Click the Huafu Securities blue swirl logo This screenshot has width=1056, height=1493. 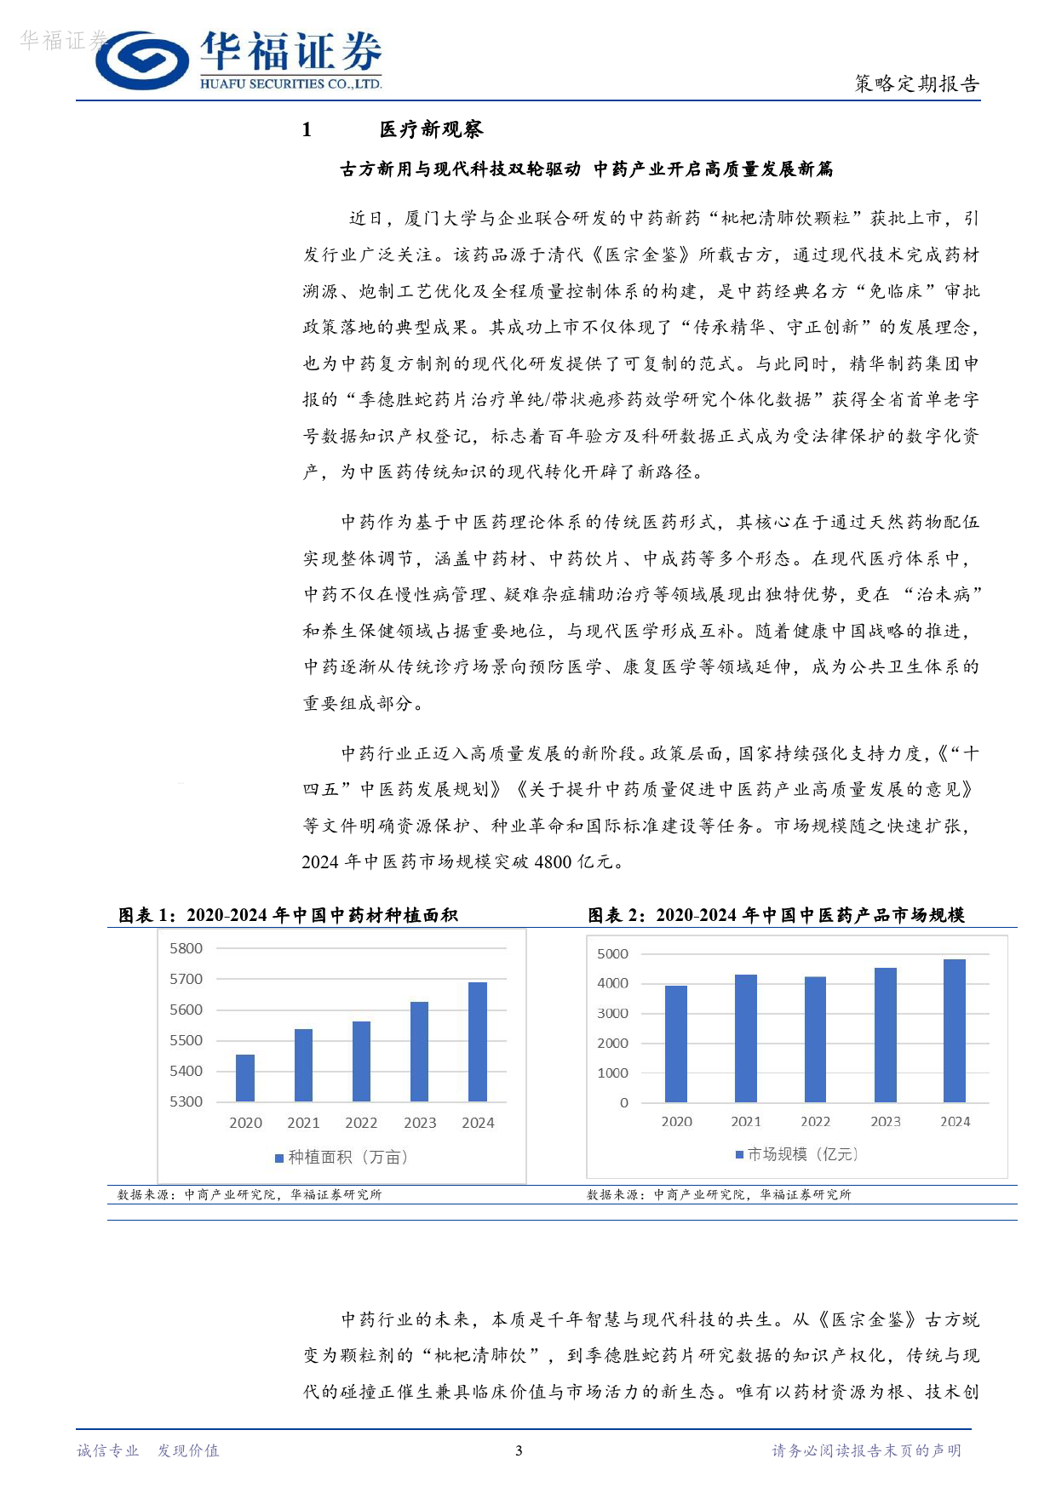click(141, 61)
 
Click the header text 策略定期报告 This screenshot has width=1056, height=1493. click(916, 83)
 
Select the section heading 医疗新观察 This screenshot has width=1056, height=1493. click(431, 129)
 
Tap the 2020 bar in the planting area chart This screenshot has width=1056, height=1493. click(245, 1078)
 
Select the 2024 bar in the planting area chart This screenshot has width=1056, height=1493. click(478, 1042)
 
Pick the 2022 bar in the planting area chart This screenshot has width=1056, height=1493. click(361, 1061)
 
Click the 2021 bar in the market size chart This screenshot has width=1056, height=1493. click(746, 1038)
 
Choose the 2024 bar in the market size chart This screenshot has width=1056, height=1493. click(955, 1031)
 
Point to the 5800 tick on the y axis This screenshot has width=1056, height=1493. click(187, 948)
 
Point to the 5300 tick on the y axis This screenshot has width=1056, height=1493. click(187, 1101)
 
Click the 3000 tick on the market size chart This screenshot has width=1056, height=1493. click(613, 1013)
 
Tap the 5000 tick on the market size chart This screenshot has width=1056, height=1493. click(613, 954)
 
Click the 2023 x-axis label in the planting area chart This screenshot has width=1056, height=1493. click(420, 1123)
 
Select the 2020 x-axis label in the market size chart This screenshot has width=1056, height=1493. click(677, 1122)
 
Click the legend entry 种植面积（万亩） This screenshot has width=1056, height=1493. click(341, 1158)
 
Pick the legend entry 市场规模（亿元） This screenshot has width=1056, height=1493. click(797, 1154)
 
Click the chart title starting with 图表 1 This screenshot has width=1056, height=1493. click(288, 915)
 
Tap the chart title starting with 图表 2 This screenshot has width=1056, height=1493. click(776, 915)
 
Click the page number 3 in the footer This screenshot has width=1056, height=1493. click(519, 1450)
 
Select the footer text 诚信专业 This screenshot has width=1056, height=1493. click(108, 1450)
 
